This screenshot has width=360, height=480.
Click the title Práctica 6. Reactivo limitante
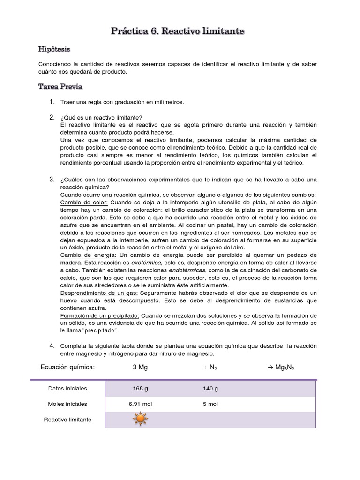pos(177,31)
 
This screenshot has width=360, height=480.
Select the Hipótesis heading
pos(54,49)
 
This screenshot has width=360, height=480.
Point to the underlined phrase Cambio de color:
pos(84,202)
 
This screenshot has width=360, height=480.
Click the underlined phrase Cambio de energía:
pos(88,255)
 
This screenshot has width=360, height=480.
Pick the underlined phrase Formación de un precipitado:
pos(100,315)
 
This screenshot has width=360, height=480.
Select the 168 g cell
pos(140,389)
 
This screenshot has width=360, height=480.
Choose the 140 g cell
pos(210,389)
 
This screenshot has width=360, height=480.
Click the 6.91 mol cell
pos(140,404)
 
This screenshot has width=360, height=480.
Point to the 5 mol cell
pos(210,404)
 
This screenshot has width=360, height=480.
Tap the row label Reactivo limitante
pos(67,420)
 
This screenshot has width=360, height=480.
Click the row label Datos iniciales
pos(67,389)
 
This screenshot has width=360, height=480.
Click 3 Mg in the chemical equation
pos(140,367)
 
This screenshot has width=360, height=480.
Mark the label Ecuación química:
pos(67,367)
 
